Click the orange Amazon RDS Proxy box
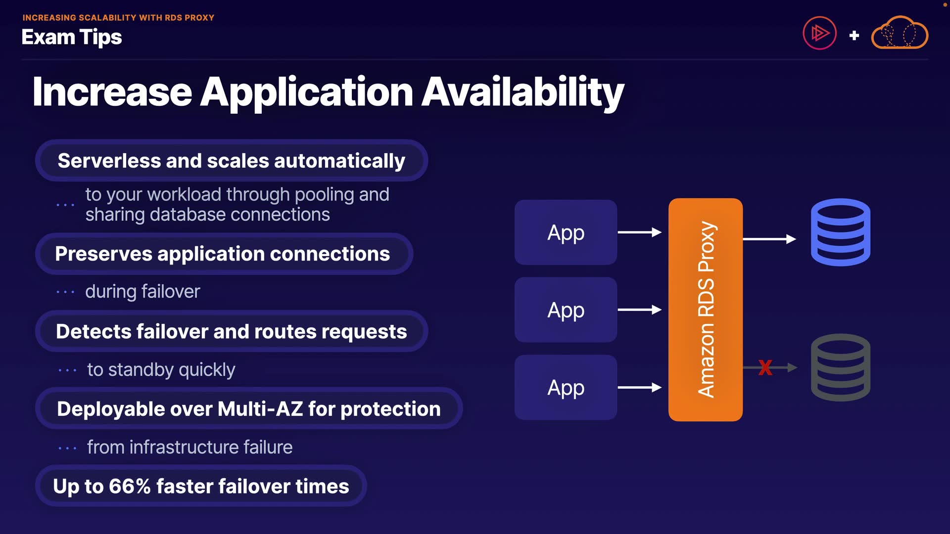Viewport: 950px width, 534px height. (705, 310)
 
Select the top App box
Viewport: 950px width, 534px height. (566, 232)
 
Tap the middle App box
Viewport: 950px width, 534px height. (566, 310)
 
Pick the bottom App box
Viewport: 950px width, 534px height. (566, 388)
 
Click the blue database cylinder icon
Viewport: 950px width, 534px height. (840, 232)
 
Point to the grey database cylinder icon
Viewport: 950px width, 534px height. (840, 367)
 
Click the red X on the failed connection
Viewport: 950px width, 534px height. (765, 367)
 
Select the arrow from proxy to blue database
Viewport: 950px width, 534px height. (769, 239)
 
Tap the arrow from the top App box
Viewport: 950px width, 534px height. (639, 232)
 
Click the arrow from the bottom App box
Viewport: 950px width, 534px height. (639, 388)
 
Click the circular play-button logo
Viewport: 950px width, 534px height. (819, 33)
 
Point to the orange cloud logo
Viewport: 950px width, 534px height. (899, 33)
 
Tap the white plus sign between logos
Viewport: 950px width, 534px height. (854, 36)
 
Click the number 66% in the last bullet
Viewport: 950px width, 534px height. (130, 486)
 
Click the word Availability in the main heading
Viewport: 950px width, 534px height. (522, 92)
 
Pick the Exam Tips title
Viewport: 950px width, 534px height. (72, 37)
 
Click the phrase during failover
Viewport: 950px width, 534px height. (142, 292)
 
